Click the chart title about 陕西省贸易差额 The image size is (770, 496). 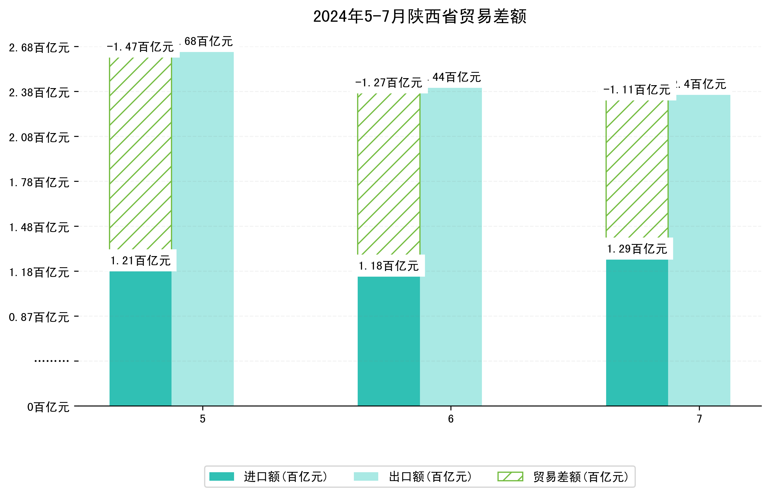419,16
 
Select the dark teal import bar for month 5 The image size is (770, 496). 140,338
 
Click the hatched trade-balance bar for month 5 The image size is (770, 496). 140,153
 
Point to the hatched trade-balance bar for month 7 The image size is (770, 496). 637,169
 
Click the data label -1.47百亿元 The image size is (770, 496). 140,47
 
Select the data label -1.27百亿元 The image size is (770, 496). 389,83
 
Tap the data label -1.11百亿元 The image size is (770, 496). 637,90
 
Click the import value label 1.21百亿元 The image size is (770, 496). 140,260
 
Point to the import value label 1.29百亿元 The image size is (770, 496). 637,249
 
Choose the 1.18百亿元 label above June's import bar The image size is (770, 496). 389,266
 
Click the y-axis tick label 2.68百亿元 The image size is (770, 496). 39,48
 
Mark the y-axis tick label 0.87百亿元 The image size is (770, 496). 39,317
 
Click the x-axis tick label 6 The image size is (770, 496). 450,419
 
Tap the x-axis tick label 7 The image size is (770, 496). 699,419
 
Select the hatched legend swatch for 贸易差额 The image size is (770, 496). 510,477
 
